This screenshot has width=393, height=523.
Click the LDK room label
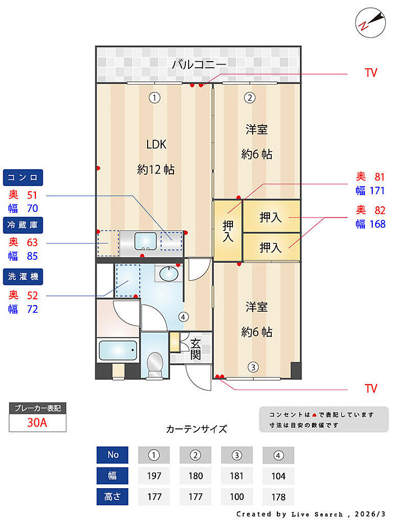pos(156,144)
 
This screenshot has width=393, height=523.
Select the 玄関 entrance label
pos(195,349)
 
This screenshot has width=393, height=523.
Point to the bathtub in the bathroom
pos(117,351)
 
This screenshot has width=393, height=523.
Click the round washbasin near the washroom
pos(168,274)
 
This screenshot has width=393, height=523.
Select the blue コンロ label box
pos(22,178)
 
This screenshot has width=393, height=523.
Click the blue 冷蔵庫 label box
pos(22,225)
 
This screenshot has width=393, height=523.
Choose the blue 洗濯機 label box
pos(22,276)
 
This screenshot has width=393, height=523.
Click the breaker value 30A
pos(38,423)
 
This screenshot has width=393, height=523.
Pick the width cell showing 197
pos(154,476)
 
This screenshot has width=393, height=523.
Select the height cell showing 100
pos(237,497)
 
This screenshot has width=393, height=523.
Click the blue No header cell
pos(113,455)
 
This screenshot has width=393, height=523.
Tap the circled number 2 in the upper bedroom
pos(250,98)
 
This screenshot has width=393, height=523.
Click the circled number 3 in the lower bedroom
pos(254,367)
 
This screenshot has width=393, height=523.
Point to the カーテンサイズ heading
pos(196,429)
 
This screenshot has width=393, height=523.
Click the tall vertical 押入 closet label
pos(228,230)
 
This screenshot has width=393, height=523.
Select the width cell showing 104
pos(278,476)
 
